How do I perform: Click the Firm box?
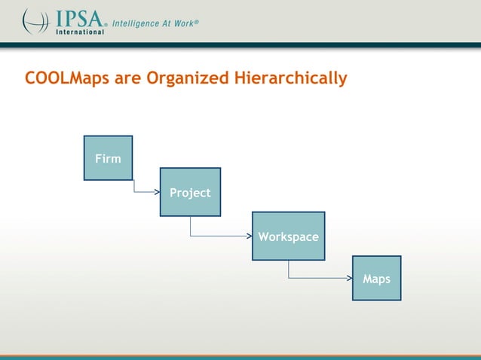(108, 158)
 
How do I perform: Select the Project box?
(190, 192)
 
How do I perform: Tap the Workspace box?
(288, 236)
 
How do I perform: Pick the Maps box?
(376, 278)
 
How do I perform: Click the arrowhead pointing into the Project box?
(157, 192)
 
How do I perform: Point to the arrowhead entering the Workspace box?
(249, 236)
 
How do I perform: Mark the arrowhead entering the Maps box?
(349, 278)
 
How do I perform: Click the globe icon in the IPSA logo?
(35, 21)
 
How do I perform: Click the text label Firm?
(108, 158)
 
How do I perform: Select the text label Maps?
(376, 279)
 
